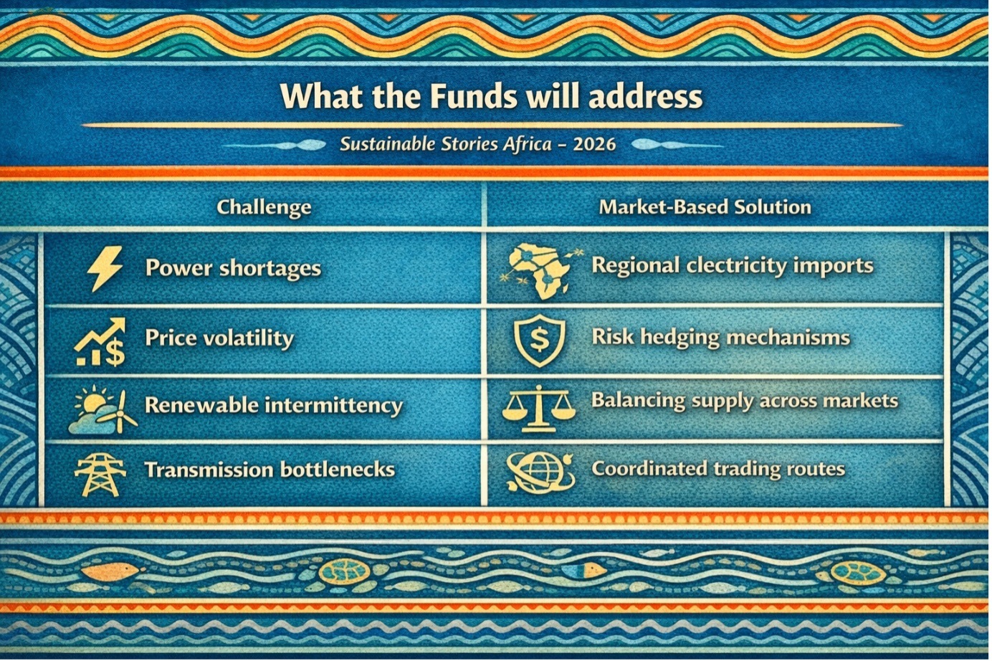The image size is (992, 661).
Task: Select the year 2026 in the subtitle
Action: click(594, 144)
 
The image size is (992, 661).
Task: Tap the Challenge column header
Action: click(264, 207)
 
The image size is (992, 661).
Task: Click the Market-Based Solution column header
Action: click(705, 207)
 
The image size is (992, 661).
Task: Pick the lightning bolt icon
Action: click(105, 268)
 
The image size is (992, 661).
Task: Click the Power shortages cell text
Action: click(233, 268)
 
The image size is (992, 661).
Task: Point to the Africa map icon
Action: click(538, 270)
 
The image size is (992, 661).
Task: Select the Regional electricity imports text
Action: click(733, 266)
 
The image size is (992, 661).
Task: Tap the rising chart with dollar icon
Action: click(100, 342)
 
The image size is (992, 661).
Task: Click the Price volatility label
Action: click(219, 338)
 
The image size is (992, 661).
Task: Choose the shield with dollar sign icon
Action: click(540, 341)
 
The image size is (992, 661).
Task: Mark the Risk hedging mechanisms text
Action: click(720, 338)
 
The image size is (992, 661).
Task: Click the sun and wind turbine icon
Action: click(102, 410)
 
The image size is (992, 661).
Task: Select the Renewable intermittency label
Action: click(274, 405)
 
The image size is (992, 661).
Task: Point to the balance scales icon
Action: click(538, 409)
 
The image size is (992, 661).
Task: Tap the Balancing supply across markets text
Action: click(745, 401)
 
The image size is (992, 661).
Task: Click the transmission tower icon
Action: click(100, 475)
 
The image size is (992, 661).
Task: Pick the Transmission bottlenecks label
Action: click(270, 470)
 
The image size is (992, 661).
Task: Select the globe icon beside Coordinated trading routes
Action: click(540, 472)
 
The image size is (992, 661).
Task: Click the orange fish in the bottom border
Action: click(113, 571)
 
